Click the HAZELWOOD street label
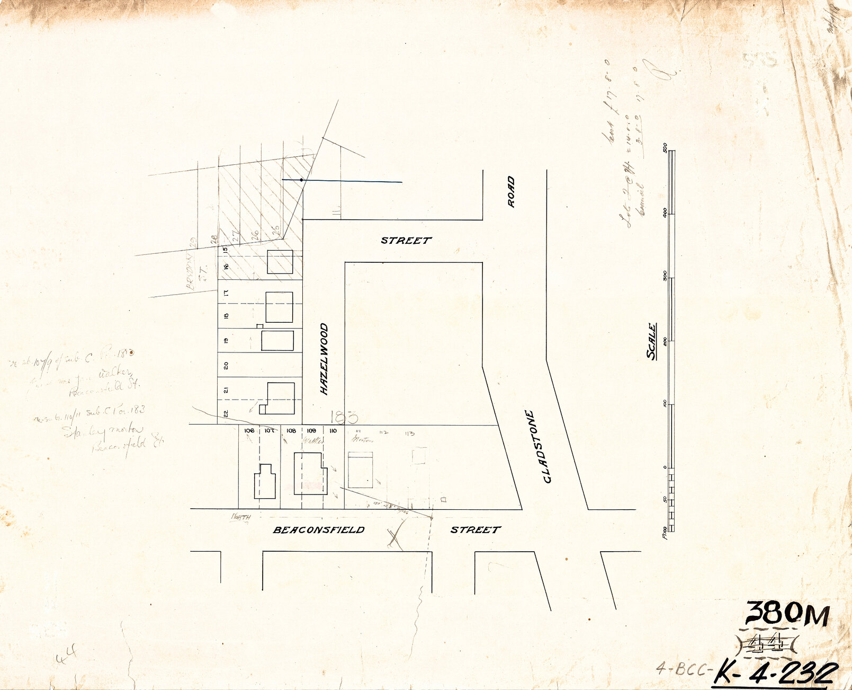pyautogui.click(x=324, y=359)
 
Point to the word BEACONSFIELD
pyautogui.click(x=319, y=529)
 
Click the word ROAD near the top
pyautogui.click(x=511, y=191)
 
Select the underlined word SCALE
pyautogui.click(x=651, y=341)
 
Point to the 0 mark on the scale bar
pyautogui.click(x=665, y=467)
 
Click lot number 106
pyautogui.click(x=249, y=431)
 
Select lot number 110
pyautogui.click(x=333, y=431)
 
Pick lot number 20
pyautogui.click(x=226, y=365)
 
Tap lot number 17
pyautogui.click(x=226, y=293)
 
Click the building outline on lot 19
pyautogui.click(x=277, y=341)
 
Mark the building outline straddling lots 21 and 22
pyautogui.click(x=279, y=398)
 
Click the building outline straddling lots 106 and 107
pyautogui.click(x=265, y=481)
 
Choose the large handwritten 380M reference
pyautogui.click(x=787, y=614)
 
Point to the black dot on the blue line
pyautogui.click(x=301, y=180)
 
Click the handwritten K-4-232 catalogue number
pyautogui.click(x=776, y=673)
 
